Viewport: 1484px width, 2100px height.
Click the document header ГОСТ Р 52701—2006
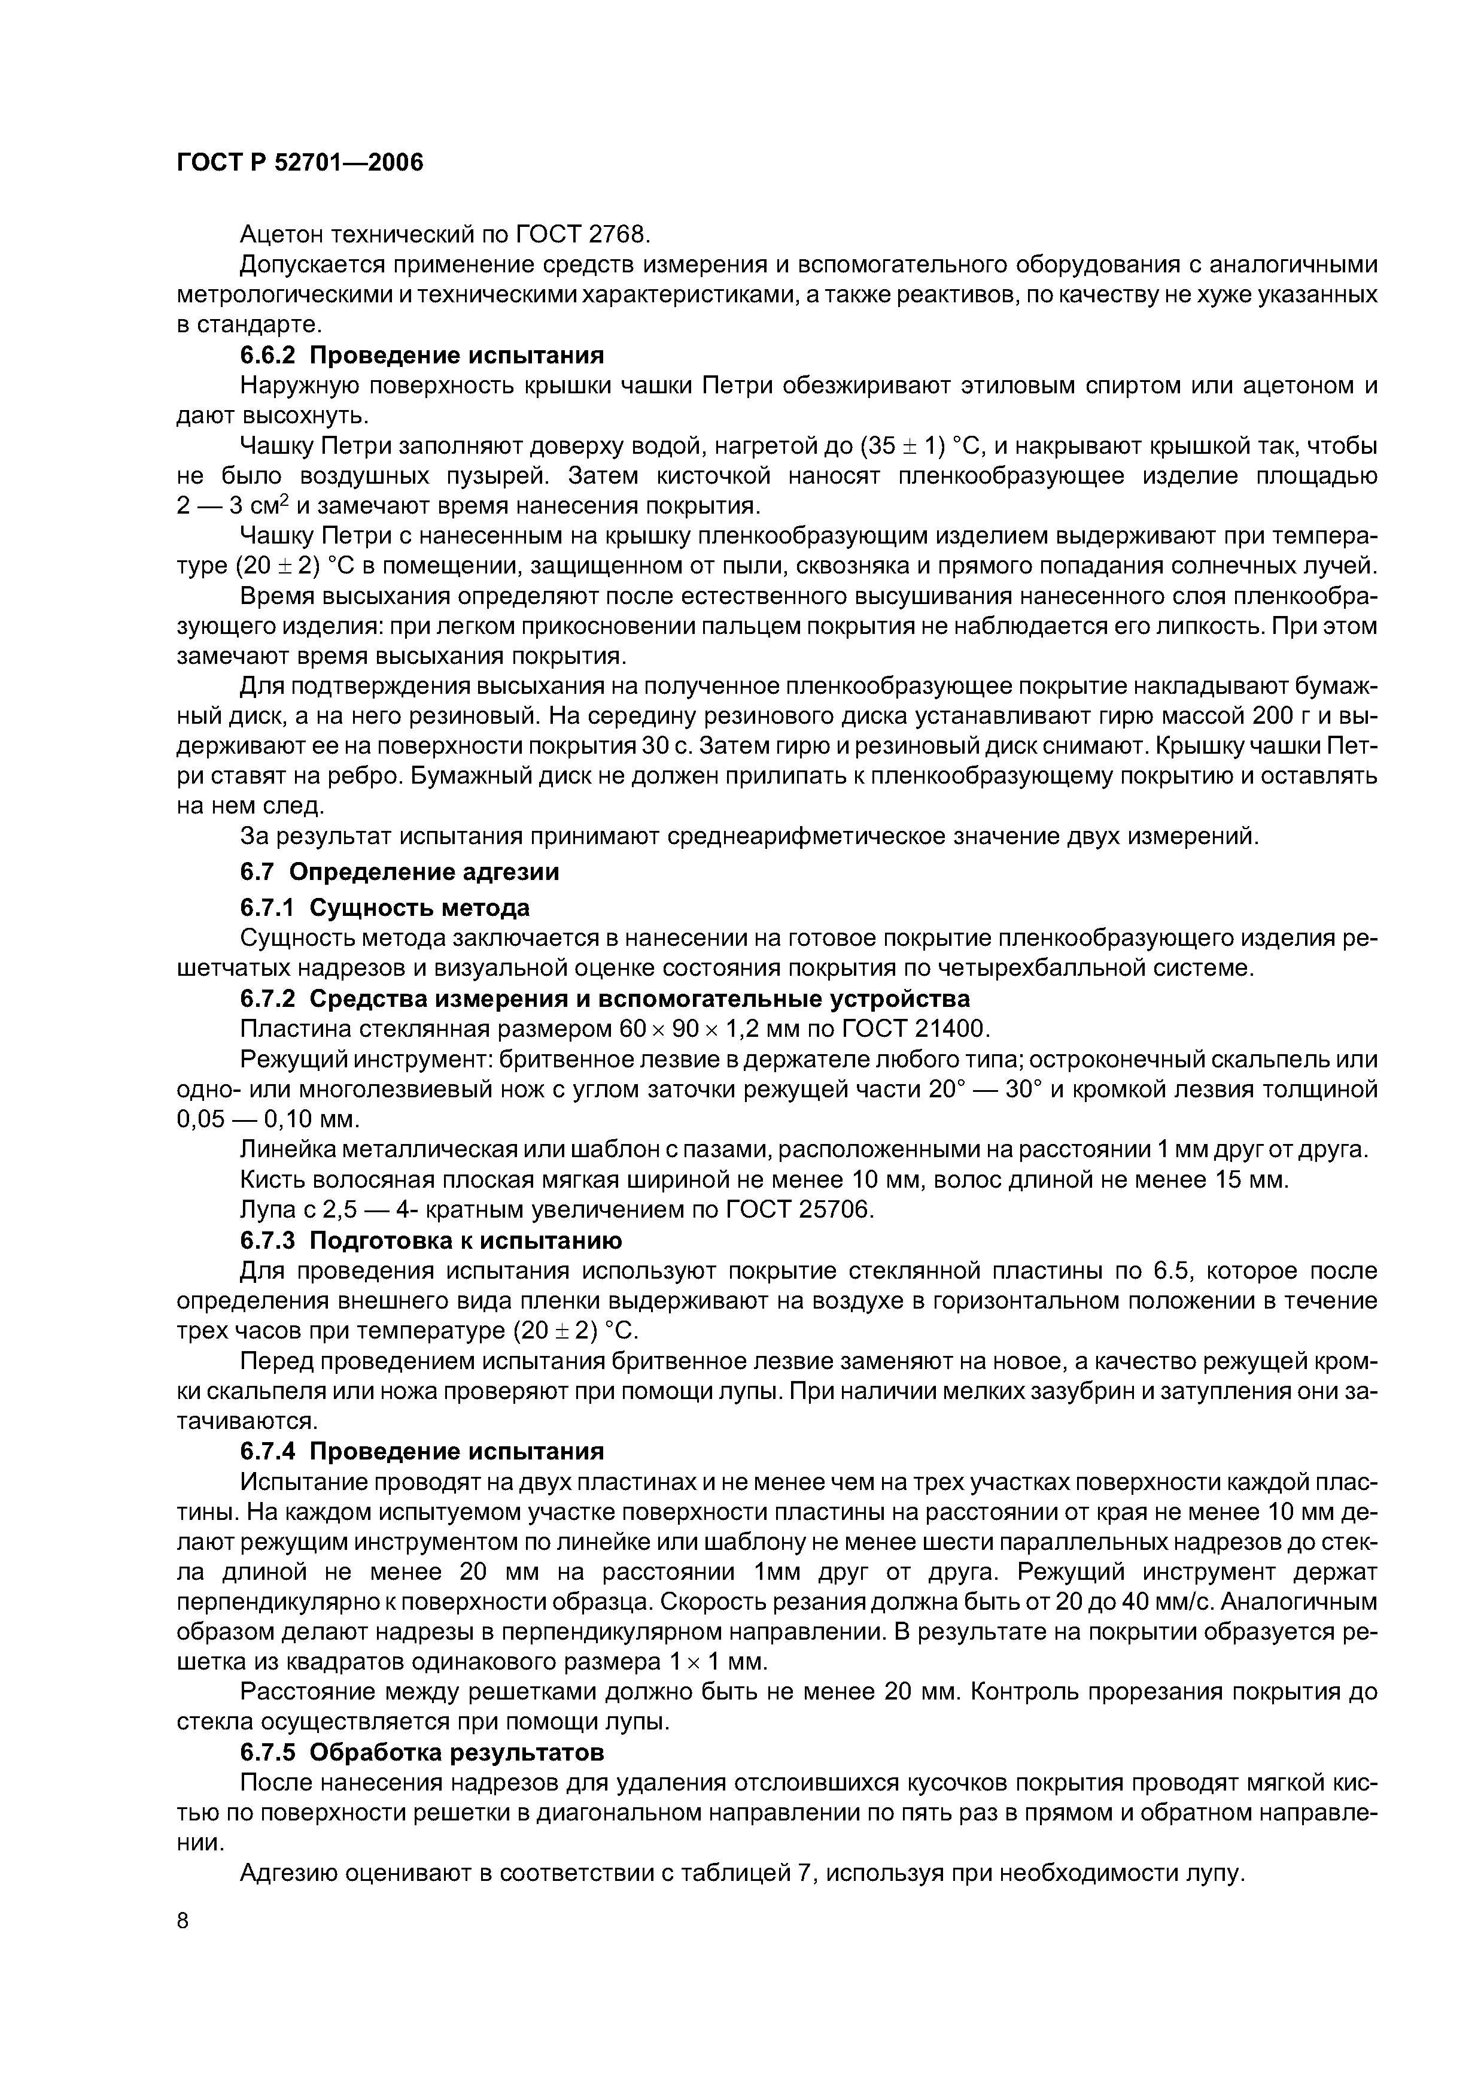click(x=300, y=163)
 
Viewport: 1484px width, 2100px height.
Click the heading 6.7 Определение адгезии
click(x=400, y=872)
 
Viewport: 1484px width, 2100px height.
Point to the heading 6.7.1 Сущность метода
click(x=385, y=908)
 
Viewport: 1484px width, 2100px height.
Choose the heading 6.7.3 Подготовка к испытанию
click(x=431, y=1241)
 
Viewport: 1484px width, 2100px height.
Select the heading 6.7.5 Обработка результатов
click(x=422, y=1752)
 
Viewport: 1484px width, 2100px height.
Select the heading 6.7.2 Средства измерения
click(x=604, y=999)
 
